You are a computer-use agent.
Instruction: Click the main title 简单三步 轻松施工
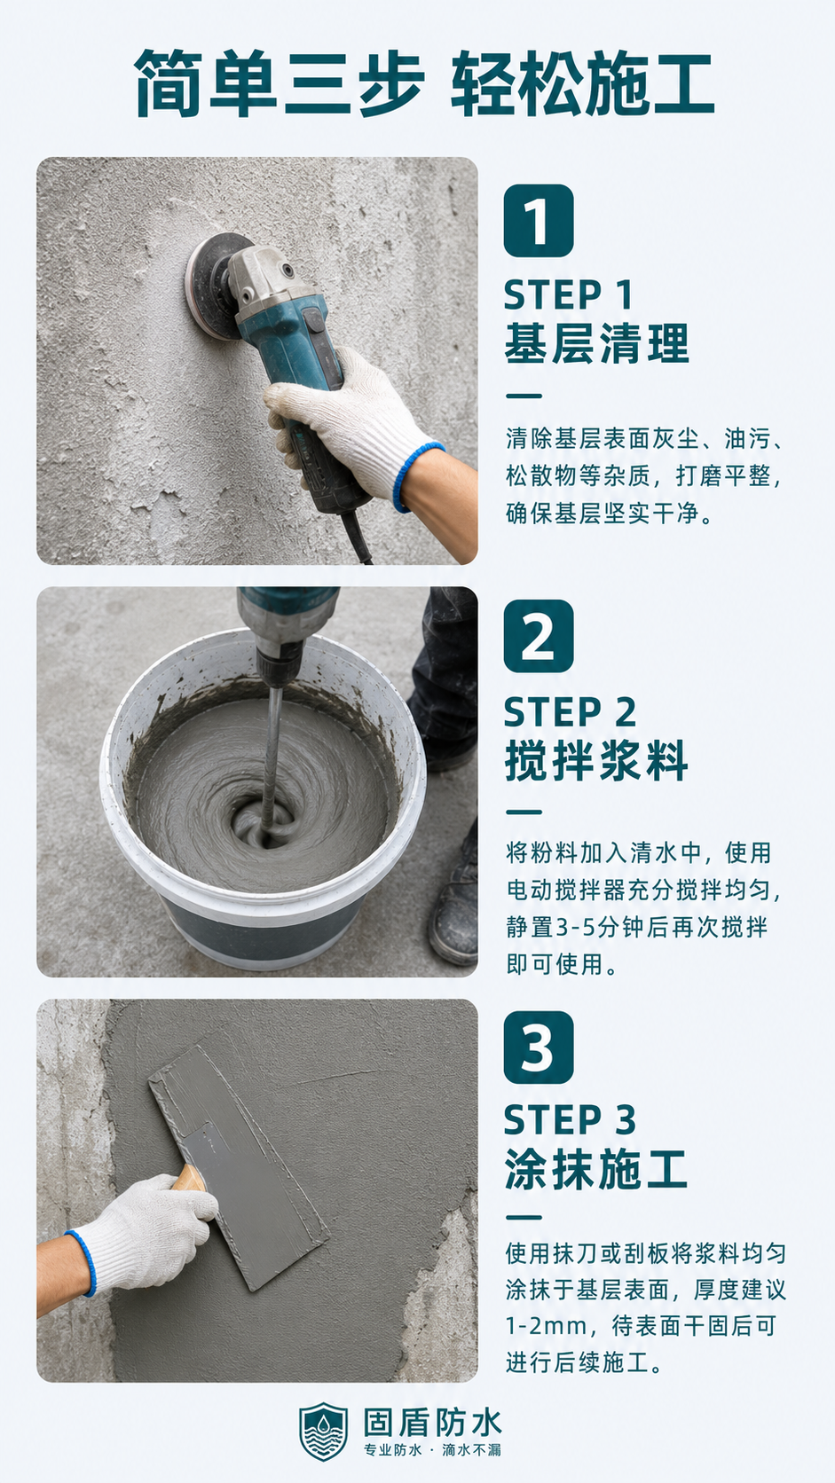(x=424, y=83)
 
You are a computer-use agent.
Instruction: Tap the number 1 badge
(x=539, y=221)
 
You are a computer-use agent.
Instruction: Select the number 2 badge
(x=539, y=636)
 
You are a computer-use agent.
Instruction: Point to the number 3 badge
(x=539, y=1048)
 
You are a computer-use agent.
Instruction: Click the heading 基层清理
(x=596, y=343)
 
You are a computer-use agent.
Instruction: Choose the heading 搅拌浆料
(x=596, y=761)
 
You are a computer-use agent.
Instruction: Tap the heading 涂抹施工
(x=596, y=1170)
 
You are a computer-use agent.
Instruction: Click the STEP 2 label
(x=570, y=712)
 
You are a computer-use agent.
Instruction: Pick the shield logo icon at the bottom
(x=323, y=1432)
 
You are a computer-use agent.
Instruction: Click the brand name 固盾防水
(x=432, y=1423)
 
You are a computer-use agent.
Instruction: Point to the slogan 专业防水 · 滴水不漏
(x=432, y=1450)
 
